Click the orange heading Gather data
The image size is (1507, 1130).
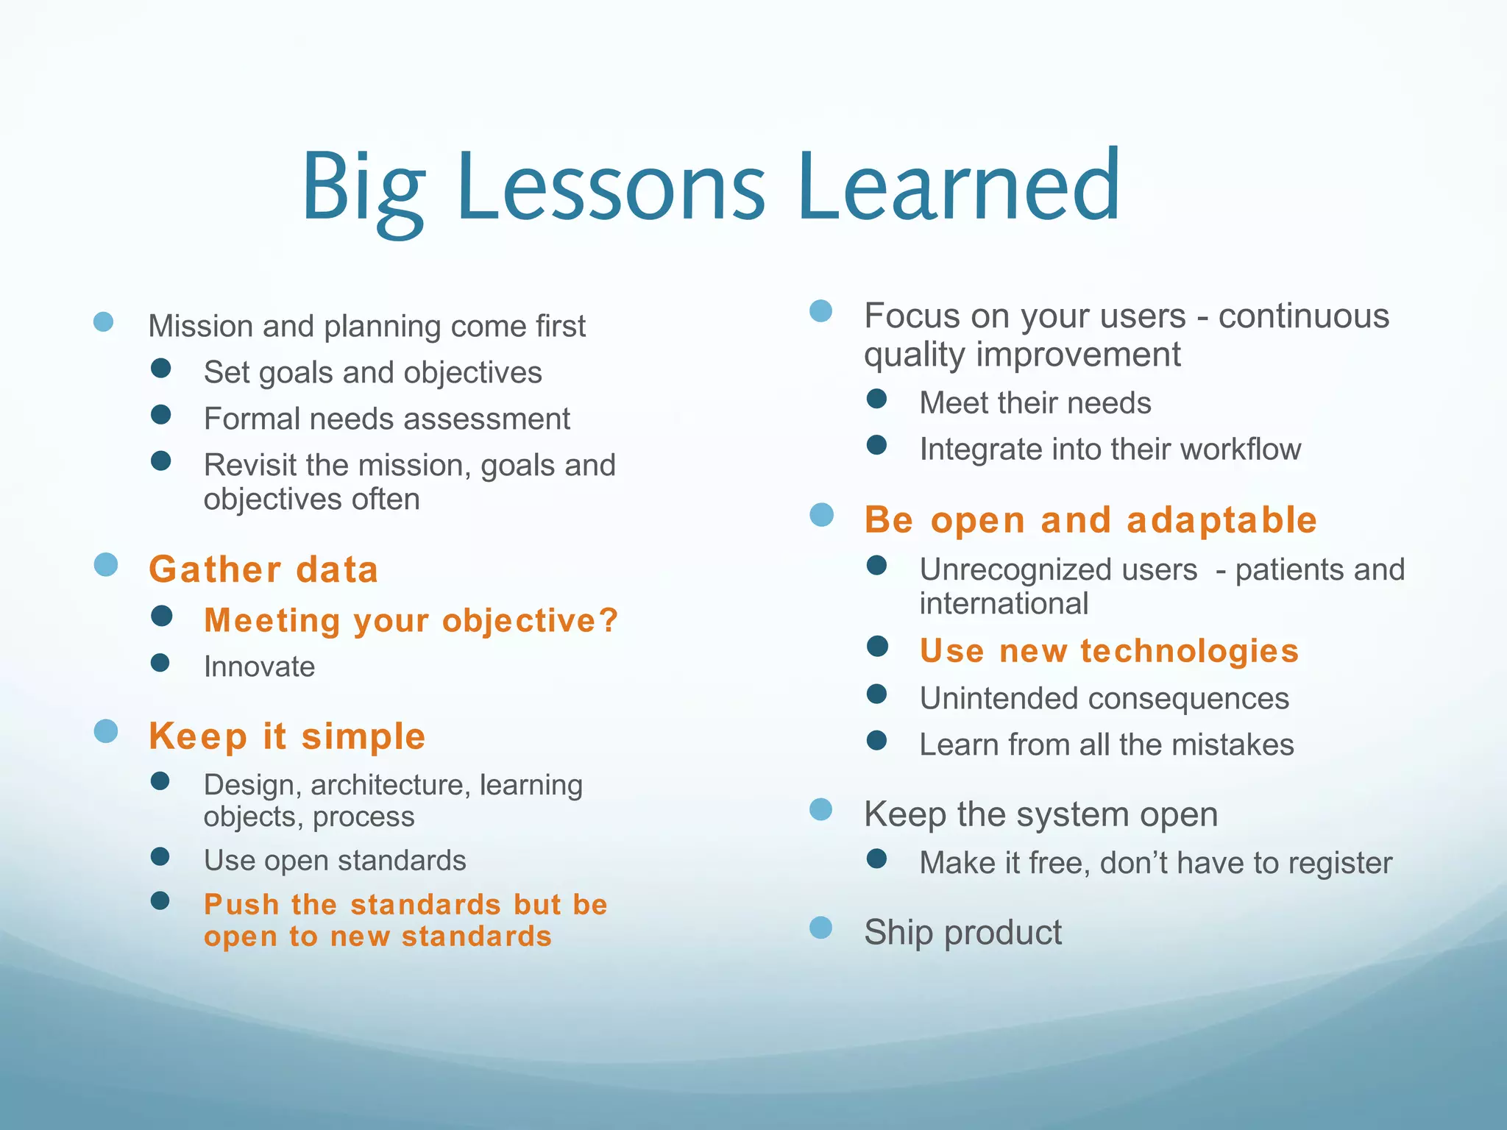tap(263, 570)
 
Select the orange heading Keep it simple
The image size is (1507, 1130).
tap(287, 736)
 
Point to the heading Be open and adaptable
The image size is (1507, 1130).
tap(1090, 520)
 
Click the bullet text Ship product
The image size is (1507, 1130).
tap(962, 933)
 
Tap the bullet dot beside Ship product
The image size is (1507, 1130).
tap(820, 928)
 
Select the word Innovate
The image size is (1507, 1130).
tap(259, 667)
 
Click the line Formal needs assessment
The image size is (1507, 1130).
tap(386, 419)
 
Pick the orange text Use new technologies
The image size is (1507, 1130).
tap(1109, 651)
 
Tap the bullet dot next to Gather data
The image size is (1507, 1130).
tap(106, 565)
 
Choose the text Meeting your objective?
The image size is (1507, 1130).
tap(411, 621)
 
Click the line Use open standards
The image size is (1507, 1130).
tap(335, 861)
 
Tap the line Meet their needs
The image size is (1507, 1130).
tap(1035, 403)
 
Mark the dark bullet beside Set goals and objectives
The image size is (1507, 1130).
tap(160, 368)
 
